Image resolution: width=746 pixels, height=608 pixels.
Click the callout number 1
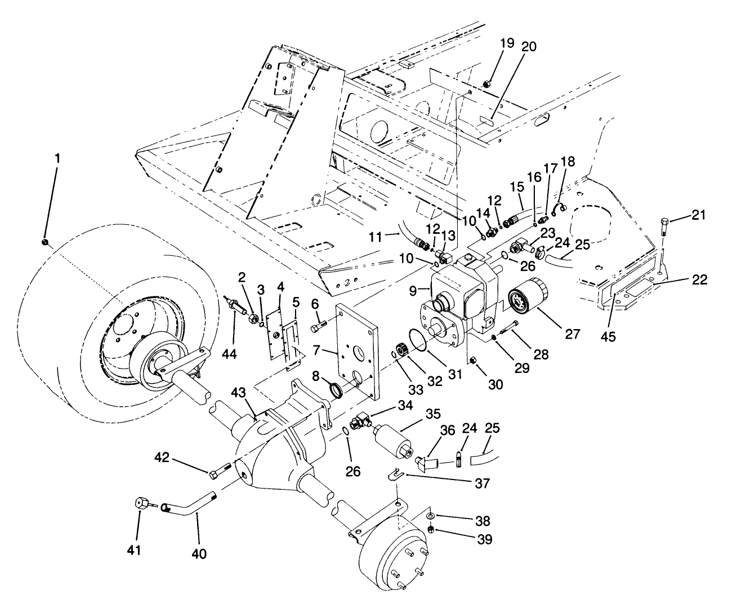[x=56, y=159]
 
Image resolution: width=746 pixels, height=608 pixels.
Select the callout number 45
[x=608, y=336]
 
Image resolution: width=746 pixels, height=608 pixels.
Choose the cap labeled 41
[x=141, y=503]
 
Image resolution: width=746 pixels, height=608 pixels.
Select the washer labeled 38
[x=431, y=516]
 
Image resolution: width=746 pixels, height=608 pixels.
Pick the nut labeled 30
[x=473, y=360]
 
